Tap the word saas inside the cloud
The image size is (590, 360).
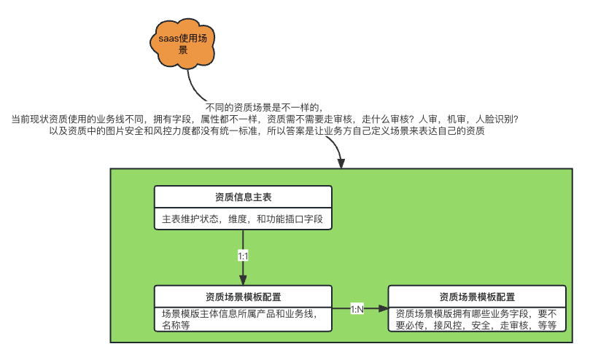169,37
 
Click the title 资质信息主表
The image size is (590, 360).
243,197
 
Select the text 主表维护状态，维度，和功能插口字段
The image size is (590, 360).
242,219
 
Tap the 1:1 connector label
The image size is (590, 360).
243,256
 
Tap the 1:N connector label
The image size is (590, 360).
357,309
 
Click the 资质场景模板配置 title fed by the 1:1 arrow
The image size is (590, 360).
243,297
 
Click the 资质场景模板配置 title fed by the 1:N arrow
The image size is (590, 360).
477,297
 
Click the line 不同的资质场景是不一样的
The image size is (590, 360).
264,106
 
